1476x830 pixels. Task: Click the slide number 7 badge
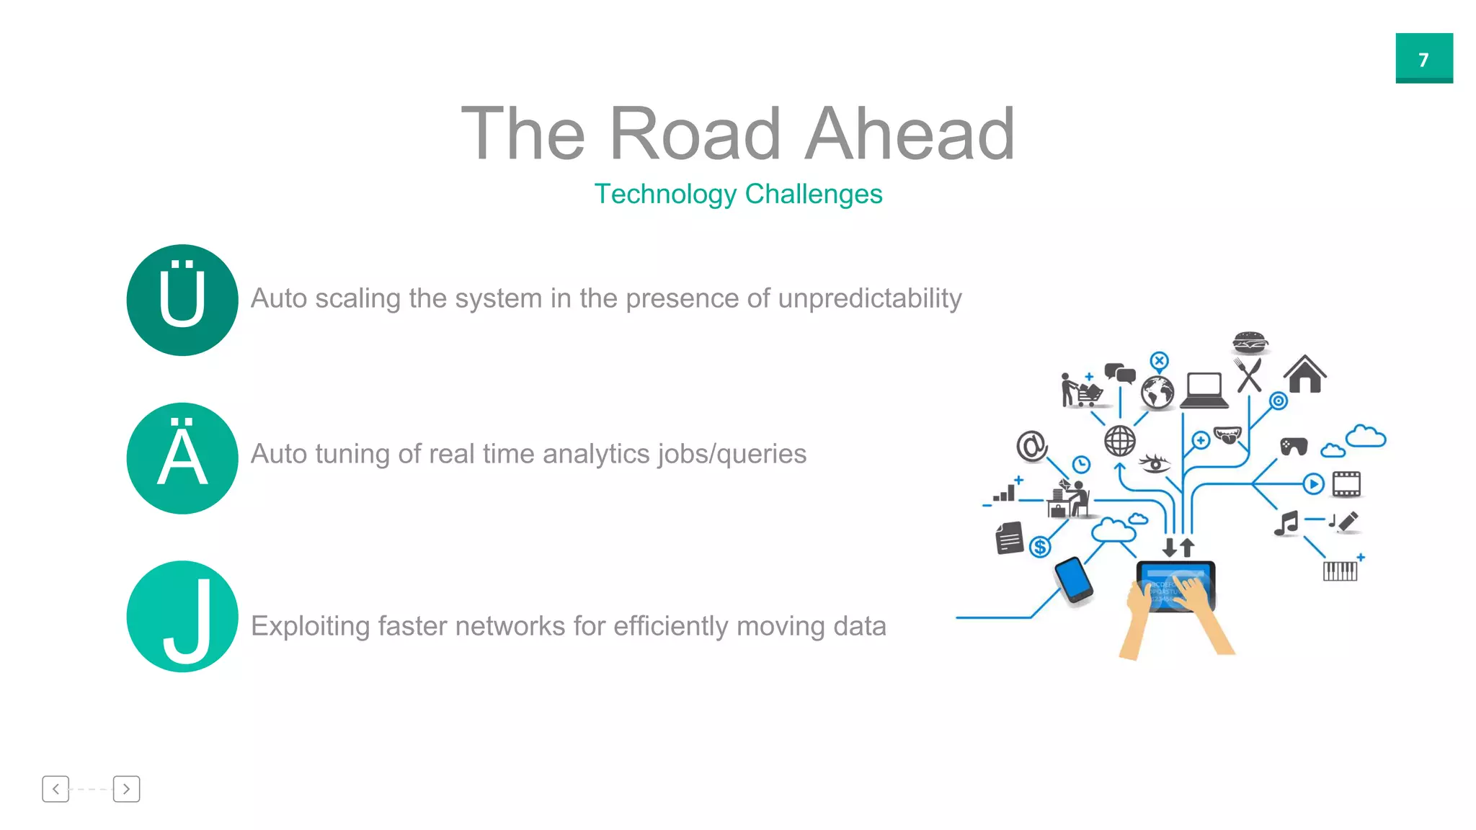point(1423,58)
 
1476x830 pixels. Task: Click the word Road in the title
point(695,134)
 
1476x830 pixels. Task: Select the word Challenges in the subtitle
point(813,194)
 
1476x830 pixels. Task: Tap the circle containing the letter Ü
point(182,300)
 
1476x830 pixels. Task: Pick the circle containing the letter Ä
point(182,458)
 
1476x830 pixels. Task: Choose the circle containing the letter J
point(182,617)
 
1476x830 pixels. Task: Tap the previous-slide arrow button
point(55,789)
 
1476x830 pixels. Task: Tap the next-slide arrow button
point(126,789)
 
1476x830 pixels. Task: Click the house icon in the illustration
point(1304,375)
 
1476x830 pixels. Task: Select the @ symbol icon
point(1031,446)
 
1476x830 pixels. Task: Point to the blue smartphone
point(1073,579)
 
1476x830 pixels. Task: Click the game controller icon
point(1294,447)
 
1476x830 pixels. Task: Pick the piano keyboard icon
point(1340,571)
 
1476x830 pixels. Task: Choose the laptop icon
point(1204,391)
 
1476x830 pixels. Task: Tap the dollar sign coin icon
point(1039,548)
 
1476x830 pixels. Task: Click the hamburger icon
point(1250,342)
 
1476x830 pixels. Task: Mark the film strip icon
point(1346,484)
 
